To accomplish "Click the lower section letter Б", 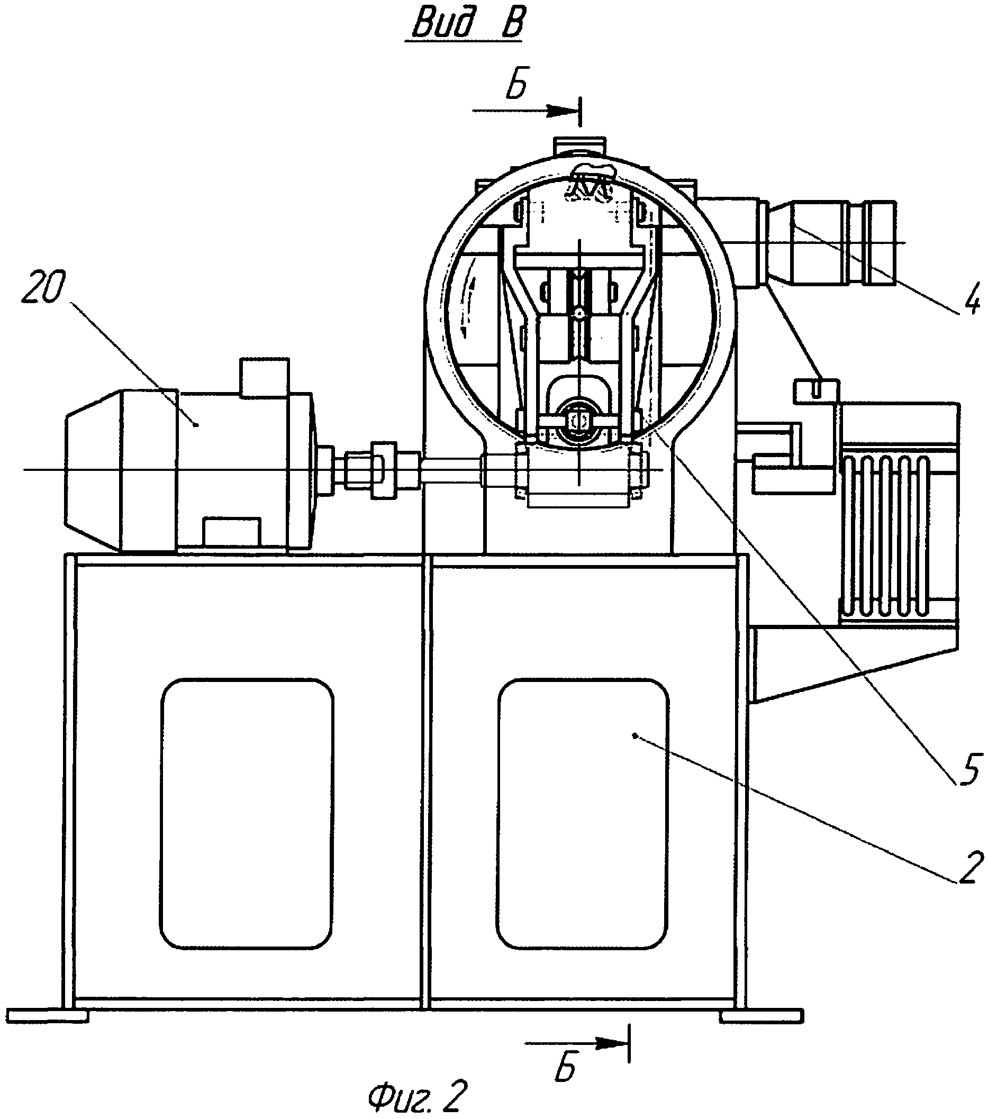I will [x=565, y=1066].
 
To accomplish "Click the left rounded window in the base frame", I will [x=247, y=814].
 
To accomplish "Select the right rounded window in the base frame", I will [x=583, y=814].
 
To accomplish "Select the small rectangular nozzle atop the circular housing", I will [x=580, y=146].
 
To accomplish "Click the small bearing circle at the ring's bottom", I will [x=579, y=422].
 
